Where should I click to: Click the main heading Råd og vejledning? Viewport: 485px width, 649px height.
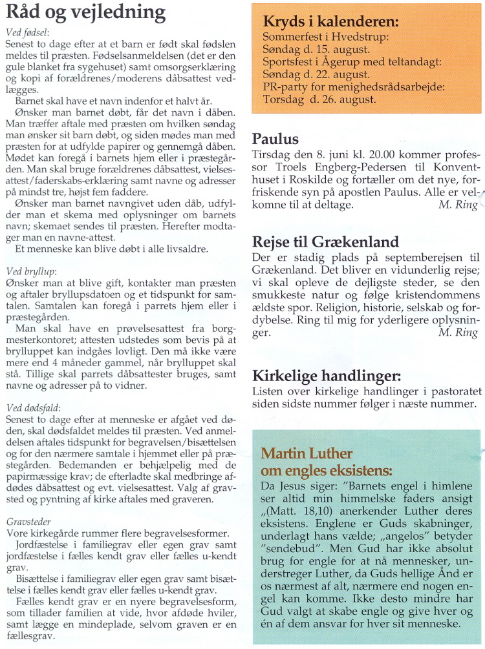coord(85,13)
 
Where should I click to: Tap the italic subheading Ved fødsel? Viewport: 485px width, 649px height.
coord(27,33)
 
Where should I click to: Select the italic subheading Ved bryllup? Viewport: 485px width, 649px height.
coord(29,271)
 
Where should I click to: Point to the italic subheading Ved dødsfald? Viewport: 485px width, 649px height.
coord(32,408)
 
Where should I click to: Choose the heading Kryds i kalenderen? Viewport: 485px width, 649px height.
coord(330,23)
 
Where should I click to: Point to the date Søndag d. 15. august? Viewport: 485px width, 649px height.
coord(316,49)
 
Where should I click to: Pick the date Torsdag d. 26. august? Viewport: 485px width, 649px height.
coord(319,99)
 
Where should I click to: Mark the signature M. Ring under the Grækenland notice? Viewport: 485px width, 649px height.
coord(458,333)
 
